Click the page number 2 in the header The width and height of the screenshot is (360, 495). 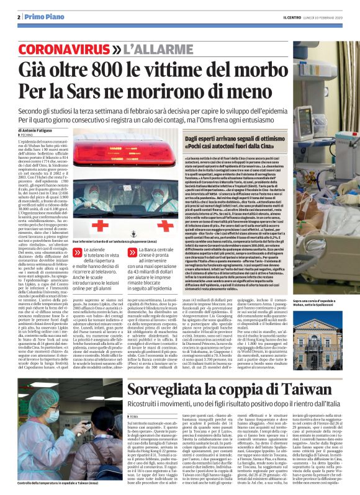click(19, 17)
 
